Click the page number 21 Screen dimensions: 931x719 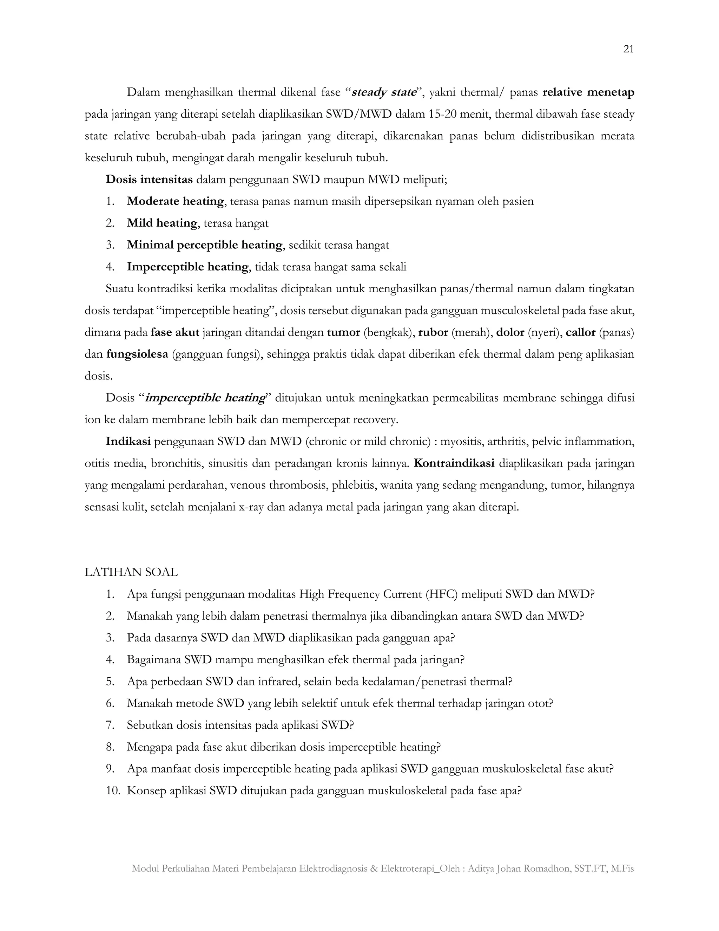click(x=628, y=50)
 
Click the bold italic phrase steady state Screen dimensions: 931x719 click(x=383, y=92)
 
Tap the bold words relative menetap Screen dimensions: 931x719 click(x=588, y=92)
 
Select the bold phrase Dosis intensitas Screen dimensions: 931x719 click(x=149, y=180)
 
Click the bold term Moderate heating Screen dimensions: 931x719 click(x=176, y=201)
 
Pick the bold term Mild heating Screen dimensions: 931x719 click(x=162, y=223)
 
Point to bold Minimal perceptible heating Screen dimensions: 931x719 click(x=204, y=245)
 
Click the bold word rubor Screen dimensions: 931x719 click(x=433, y=332)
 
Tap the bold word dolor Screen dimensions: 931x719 click(x=510, y=332)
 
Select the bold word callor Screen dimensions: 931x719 click(x=580, y=332)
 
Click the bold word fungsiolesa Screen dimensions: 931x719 click(x=137, y=354)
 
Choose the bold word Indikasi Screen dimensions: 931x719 click(x=128, y=442)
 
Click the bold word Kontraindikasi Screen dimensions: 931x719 click(x=454, y=463)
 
